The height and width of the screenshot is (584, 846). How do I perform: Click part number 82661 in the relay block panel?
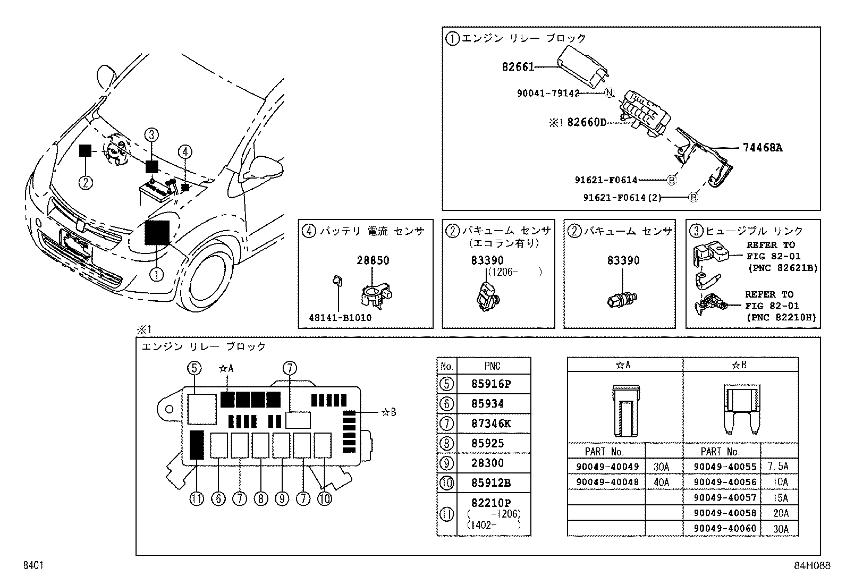click(518, 67)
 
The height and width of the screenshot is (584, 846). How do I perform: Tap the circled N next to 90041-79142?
click(609, 93)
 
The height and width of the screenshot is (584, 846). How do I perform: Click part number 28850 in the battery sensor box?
click(373, 260)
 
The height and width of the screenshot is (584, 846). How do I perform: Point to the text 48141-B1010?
click(340, 318)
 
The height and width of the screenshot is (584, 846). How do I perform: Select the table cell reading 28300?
click(488, 463)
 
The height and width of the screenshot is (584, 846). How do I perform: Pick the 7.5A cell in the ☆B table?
click(779, 467)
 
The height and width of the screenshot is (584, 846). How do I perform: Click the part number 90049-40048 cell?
click(607, 482)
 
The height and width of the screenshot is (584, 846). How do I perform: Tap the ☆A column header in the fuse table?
click(624, 365)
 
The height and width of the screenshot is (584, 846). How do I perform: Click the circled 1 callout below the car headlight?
click(157, 274)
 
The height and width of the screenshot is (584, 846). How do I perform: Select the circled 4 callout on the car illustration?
click(184, 152)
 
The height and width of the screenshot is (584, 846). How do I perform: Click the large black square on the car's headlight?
click(157, 233)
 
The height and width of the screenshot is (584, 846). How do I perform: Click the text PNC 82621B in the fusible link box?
click(782, 268)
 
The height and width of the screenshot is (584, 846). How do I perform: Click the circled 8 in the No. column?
click(447, 443)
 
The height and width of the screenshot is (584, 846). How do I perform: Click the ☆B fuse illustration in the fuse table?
click(740, 409)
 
